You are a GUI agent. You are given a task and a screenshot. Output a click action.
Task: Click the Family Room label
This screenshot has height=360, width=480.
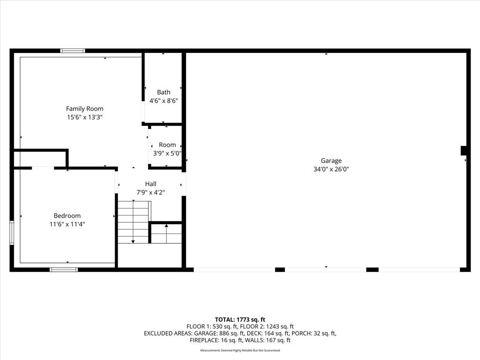[x=84, y=109]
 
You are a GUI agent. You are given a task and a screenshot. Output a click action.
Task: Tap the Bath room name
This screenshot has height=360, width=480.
[x=164, y=92]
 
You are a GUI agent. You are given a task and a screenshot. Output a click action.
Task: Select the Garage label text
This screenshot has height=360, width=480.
[x=331, y=161]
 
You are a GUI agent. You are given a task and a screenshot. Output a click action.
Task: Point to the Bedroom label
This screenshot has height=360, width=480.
[x=67, y=216]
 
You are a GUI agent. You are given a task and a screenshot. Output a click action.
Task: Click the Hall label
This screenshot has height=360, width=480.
[x=150, y=184]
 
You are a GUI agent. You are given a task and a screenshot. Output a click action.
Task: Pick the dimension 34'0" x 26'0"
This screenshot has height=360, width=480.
[x=331, y=169]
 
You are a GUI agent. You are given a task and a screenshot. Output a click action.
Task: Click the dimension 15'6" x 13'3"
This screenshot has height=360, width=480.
[x=84, y=117]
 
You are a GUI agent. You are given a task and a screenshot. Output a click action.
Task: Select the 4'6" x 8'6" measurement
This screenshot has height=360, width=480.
[x=164, y=101]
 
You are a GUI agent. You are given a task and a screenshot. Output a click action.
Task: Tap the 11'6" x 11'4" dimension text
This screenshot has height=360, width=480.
[x=67, y=224]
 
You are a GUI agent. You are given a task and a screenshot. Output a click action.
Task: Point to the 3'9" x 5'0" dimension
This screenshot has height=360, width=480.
[x=167, y=153]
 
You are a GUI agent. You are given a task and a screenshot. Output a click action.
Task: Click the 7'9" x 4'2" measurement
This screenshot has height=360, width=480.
[x=150, y=193]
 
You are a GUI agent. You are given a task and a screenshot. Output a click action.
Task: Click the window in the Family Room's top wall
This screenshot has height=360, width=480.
[x=73, y=51]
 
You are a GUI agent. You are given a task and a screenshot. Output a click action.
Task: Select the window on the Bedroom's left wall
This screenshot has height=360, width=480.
[x=12, y=232]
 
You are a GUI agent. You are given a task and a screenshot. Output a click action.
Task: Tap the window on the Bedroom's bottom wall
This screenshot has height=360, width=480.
[x=64, y=270]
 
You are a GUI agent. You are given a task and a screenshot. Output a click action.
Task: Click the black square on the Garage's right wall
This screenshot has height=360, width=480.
[x=464, y=150]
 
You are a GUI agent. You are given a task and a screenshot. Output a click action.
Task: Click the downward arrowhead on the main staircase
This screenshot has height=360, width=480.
[x=133, y=242]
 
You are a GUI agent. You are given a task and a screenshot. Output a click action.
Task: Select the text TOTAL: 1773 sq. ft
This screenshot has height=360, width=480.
[x=240, y=320]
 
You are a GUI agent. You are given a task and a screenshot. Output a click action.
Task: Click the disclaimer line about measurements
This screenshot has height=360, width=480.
[x=240, y=350]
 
